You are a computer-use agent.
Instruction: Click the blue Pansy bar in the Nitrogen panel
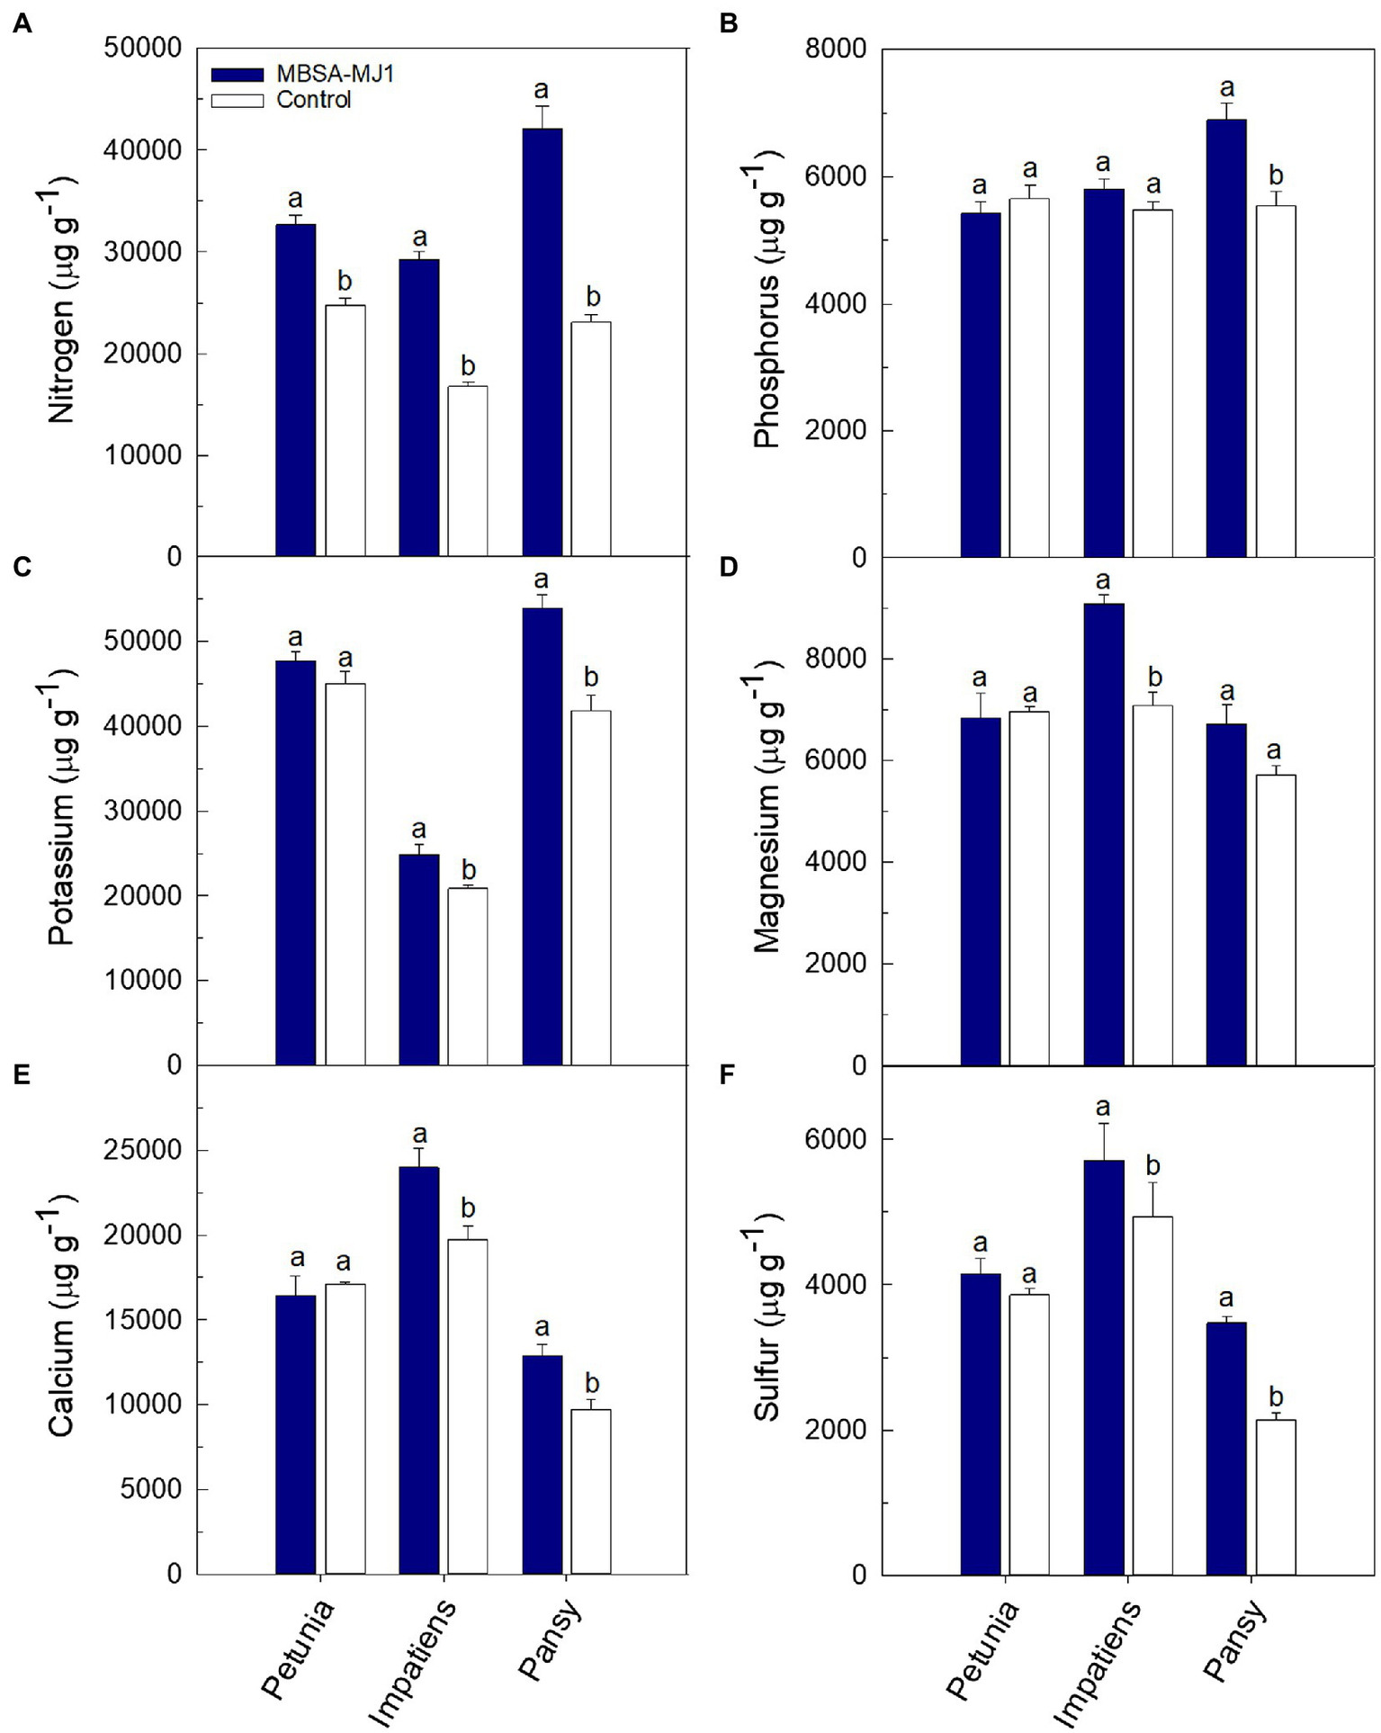coord(542,342)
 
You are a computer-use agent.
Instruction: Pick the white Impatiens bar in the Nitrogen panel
coord(468,471)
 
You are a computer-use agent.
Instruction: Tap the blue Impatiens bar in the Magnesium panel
coord(1103,834)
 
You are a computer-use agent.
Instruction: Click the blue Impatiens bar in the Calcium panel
coord(419,1370)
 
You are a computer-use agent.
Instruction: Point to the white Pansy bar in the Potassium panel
coord(591,887)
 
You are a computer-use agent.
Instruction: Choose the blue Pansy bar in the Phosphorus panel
coord(1226,338)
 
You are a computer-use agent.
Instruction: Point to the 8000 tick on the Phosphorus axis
coord(836,49)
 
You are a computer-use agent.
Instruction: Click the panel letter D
coord(728,567)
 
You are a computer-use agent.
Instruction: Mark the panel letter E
coord(22,1075)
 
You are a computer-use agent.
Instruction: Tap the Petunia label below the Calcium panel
coord(298,1648)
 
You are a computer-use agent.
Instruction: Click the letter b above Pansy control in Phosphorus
coord(1275,175)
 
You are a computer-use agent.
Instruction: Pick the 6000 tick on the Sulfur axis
coord(836,1140)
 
